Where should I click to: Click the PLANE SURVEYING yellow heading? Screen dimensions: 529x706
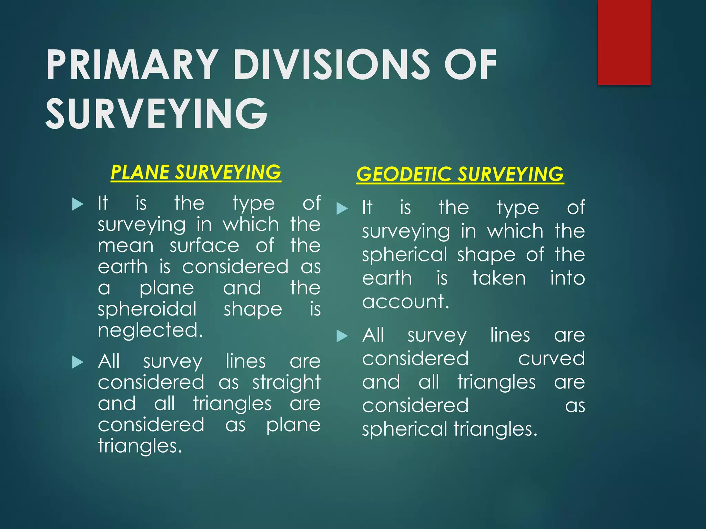196,172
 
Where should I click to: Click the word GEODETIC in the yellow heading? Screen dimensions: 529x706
403,174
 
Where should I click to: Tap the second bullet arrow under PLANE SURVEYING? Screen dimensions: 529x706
78,362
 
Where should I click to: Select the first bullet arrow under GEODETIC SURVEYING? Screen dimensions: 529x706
342,208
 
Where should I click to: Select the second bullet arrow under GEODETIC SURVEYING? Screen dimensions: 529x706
342,336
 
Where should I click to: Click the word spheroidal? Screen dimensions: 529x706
147,309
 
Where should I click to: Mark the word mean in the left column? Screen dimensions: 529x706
125,246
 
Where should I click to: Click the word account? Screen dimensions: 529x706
405,302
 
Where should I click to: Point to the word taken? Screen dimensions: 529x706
499,278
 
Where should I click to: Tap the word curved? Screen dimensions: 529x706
551,359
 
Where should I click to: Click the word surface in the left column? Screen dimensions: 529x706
204,246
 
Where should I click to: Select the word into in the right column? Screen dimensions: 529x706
567,278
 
